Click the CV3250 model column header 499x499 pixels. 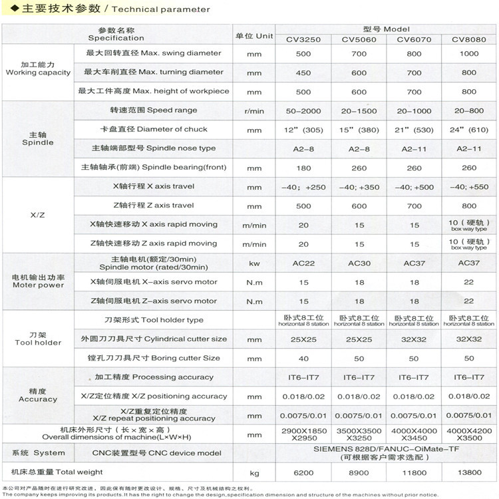pyautogui.click(x=303, y=39)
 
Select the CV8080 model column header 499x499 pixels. pyautogui.click(x=469, y=39)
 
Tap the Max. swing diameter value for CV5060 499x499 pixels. pyautogui.click(x=359, y=54)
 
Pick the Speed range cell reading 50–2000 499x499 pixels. pyautogui.click(x=303, y=110)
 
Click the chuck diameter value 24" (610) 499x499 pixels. pyautogui.click(x=469, y=130)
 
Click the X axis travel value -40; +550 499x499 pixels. pyautogui.click(x=469, y=188)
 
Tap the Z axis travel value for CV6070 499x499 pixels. pyautogui.click(x=413, y=206)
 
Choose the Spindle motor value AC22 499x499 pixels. pyautogui.click(x=303, y=263)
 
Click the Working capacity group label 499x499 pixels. pyautogui.click(x=38, y=69)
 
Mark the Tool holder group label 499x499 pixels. pyautogui.click(x=38, y=339)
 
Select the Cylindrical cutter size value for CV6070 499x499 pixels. pyautogui.click(x=413, y=339)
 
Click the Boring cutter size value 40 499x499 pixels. pyautogui.click(x=303, y=359)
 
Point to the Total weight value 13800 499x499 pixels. pyautogui.click(x=469, y=473)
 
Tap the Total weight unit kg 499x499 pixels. pyautogui.click(x=253, y=473)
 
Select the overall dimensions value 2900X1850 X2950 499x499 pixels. pyautogui.click(x=303, y=435)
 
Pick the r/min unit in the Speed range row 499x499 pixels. pyautogui.click(x=253, y=110)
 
